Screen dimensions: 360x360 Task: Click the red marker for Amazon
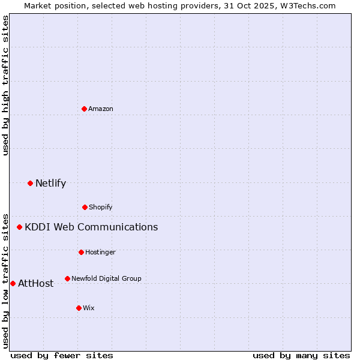(84, 109)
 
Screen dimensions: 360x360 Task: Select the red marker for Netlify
(30, 183)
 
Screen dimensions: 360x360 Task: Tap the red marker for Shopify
(85, 207)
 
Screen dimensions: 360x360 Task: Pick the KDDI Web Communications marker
(19, 227)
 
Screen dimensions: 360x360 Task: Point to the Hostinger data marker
(81, 252)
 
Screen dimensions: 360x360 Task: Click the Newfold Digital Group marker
(67, 278)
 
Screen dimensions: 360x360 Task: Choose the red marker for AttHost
(13, 283)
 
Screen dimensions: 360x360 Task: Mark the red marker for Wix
(79, 308)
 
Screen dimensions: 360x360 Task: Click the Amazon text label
(101, 109)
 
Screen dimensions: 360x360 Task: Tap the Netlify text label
(50, 183)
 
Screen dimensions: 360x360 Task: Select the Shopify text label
(101, 207)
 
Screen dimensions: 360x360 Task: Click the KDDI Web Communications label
(91, 227)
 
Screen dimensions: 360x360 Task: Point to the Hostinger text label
(100, 252)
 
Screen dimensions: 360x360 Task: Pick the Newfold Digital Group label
(106, 278)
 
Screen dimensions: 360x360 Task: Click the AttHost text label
(35, 283)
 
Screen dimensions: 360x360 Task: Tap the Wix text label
(89, 308)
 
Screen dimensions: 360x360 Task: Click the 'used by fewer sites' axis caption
(62, 355)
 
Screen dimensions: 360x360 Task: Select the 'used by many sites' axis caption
(301, 355)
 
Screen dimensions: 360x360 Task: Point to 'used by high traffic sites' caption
(5, 86)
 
